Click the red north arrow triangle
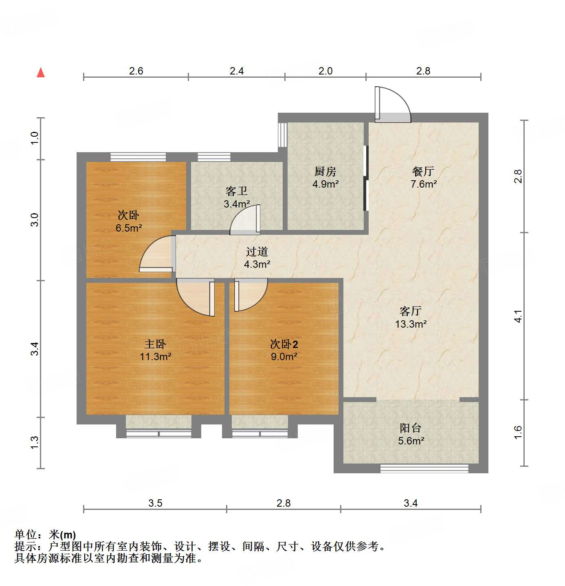coord(41,73)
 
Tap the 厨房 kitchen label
coord(325,172)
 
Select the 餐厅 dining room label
coord(423,172)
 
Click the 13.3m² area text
coord(411,324)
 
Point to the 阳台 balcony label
coord(411,428)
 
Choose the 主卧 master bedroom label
coord(155,344)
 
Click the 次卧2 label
coord(284,344)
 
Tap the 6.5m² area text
coord(129,228)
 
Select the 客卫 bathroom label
coord(237,191)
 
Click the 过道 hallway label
coord(257,252)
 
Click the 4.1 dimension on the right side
coord(518,316)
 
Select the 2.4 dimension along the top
coord(237,71)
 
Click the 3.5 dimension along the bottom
coord(155,503)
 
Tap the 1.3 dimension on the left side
coord(35,442)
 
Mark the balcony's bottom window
coord(424,468)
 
